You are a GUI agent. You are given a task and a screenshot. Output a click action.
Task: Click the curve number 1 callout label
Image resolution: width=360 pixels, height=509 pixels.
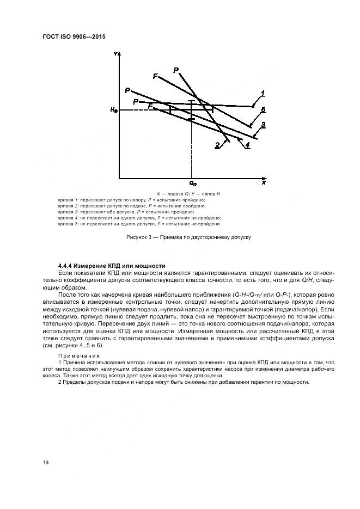263,93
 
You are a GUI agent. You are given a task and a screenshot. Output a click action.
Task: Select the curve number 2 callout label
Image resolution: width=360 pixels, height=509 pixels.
217,145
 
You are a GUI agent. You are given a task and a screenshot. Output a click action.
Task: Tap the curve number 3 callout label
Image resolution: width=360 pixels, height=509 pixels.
263,126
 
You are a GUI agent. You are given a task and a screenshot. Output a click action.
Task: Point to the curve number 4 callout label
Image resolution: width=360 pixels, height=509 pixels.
248,145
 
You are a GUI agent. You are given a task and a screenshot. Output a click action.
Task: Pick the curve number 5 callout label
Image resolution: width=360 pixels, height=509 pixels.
263,110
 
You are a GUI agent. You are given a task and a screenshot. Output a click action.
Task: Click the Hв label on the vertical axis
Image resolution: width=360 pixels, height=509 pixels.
113,111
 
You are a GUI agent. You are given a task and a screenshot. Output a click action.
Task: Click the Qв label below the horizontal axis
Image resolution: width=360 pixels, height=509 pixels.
192,184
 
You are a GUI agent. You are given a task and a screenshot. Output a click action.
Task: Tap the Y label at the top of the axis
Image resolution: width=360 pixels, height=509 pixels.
116,54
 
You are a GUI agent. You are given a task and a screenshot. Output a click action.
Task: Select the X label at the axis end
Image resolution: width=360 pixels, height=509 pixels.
264,183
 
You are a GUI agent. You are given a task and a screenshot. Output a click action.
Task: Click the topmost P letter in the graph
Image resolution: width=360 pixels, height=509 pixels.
176,70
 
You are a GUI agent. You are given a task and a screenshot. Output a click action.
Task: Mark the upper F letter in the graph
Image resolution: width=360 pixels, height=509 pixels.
155,77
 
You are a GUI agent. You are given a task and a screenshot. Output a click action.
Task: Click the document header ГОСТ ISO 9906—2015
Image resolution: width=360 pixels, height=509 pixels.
74,36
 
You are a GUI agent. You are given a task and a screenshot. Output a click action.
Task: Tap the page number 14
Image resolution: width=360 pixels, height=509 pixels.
46,462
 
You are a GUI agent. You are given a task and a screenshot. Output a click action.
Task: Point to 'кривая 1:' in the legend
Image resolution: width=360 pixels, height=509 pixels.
69,200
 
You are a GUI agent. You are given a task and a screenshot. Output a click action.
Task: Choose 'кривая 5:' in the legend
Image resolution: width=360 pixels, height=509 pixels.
69,224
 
